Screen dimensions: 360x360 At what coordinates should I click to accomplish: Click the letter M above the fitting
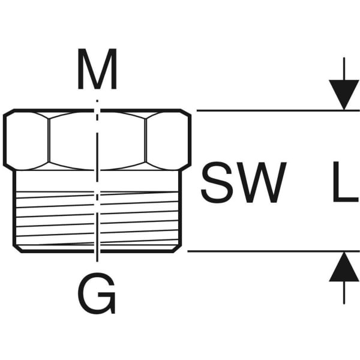[97, 71]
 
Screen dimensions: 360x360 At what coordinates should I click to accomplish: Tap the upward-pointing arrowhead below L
[343, 267]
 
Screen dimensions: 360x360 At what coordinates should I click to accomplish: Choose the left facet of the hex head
[27, 139]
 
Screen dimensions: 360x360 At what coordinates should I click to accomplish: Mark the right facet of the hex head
[168, 139]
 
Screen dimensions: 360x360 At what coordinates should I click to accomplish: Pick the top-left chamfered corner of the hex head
[8, 113]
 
